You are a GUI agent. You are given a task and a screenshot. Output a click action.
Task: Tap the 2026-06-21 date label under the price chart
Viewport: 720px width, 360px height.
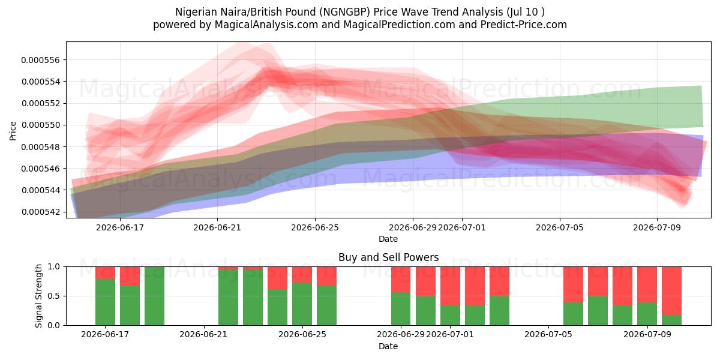coord(217,227)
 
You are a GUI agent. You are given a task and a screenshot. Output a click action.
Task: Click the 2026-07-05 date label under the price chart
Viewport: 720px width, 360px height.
coord(560,227)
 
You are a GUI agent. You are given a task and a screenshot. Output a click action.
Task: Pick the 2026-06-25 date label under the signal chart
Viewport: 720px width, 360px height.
coord(302,335)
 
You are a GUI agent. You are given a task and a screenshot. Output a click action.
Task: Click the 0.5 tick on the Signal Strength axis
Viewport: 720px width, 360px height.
coord(53,296)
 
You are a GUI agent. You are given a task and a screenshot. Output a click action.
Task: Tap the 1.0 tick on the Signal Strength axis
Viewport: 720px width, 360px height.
coord(53,266)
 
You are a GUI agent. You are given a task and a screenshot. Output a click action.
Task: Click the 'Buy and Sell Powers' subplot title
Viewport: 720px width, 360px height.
coord(388,257)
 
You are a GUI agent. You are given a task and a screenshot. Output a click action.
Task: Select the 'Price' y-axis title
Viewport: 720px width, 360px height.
coord(13,131)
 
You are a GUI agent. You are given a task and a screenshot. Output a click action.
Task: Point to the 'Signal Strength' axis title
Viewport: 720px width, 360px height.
coord(38,296)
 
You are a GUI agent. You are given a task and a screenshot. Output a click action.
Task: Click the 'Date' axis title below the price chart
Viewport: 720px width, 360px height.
coord(388,239)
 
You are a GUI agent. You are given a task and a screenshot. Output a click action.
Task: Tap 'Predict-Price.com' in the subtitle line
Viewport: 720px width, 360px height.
coord(524,25)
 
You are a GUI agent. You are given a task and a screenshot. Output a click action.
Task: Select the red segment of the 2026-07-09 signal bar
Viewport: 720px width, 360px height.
coord(647,284)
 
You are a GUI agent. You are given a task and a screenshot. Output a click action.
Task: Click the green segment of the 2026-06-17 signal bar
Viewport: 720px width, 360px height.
coord(105,302)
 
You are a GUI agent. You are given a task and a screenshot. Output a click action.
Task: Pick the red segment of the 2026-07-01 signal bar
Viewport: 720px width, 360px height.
coord(450,286)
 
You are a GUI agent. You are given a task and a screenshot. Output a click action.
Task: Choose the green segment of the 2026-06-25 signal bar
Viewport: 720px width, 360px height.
coord(302,304)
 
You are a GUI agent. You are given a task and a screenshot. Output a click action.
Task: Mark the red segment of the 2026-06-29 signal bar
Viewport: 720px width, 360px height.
coord(401,280)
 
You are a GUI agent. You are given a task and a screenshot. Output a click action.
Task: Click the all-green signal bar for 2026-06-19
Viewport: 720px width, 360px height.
coord(154,296)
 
